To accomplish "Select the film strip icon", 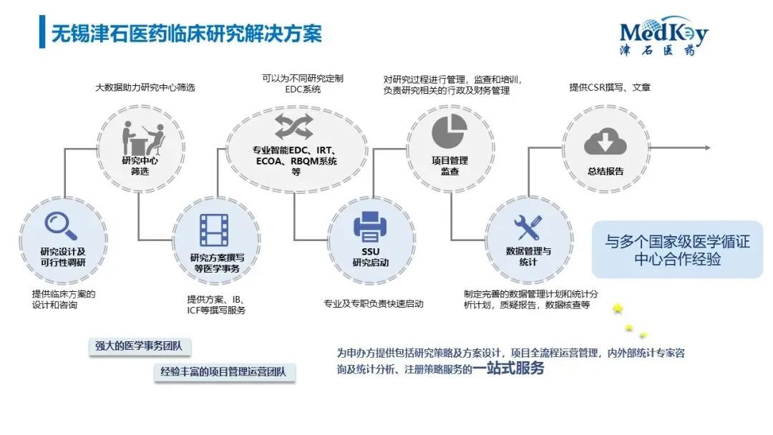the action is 214,230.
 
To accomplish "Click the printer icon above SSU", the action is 370,227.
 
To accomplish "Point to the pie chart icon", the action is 449,130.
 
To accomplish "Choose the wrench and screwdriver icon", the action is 529,227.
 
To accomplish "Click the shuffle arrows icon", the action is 294,127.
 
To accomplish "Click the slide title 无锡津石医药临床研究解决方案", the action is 186,33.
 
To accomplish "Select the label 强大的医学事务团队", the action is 139,346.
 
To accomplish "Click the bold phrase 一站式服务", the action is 508,369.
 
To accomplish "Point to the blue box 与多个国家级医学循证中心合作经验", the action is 677,250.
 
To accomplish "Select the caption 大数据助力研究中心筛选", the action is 145,87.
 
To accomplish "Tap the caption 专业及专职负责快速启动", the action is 374,303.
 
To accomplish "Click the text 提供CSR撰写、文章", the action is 610,87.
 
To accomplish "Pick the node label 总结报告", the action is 605,171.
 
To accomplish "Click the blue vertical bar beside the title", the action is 42,33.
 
